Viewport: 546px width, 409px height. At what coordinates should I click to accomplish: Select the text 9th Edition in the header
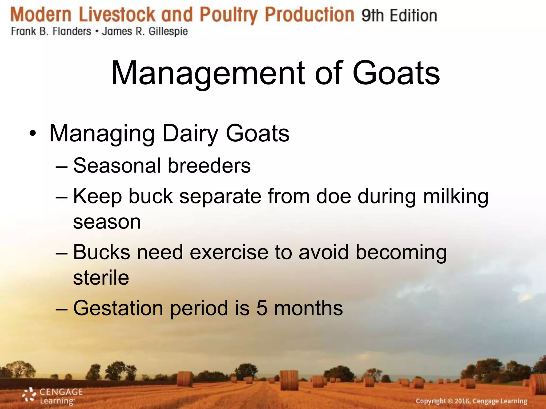(x=399, y=15)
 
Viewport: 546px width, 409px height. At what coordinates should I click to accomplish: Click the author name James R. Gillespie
(x=145, y=31)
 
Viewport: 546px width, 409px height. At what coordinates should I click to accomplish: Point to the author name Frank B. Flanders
(x=51, y=31)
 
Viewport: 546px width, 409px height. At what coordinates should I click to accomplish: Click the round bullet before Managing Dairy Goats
(x=33, y=133)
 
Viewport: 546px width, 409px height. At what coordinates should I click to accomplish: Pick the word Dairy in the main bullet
(x=190, y=134)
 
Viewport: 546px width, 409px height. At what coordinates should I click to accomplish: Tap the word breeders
(x=209, y=166)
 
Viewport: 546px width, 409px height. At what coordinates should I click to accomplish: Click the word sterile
(x=101, y=278)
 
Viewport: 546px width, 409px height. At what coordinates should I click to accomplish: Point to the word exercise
(x=229, y=252)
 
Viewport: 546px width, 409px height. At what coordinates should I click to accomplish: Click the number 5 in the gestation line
(x=262, y=308)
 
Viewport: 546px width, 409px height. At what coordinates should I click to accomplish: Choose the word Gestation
(x=118, y=308)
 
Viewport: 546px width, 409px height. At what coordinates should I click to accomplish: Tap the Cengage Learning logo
(x=53, y=396)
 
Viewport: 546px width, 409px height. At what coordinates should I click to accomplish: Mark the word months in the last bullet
(x=308, y=308)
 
